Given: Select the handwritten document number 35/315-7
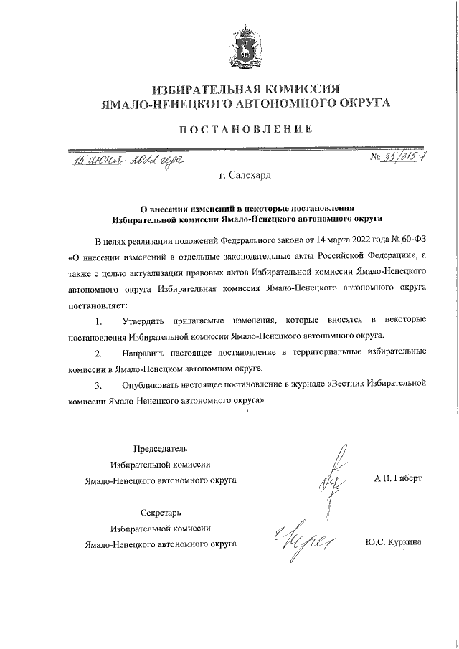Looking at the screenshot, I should [400, 157].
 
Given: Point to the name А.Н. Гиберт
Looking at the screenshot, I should [398, 477].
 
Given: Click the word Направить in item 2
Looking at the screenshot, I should [145, 354].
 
